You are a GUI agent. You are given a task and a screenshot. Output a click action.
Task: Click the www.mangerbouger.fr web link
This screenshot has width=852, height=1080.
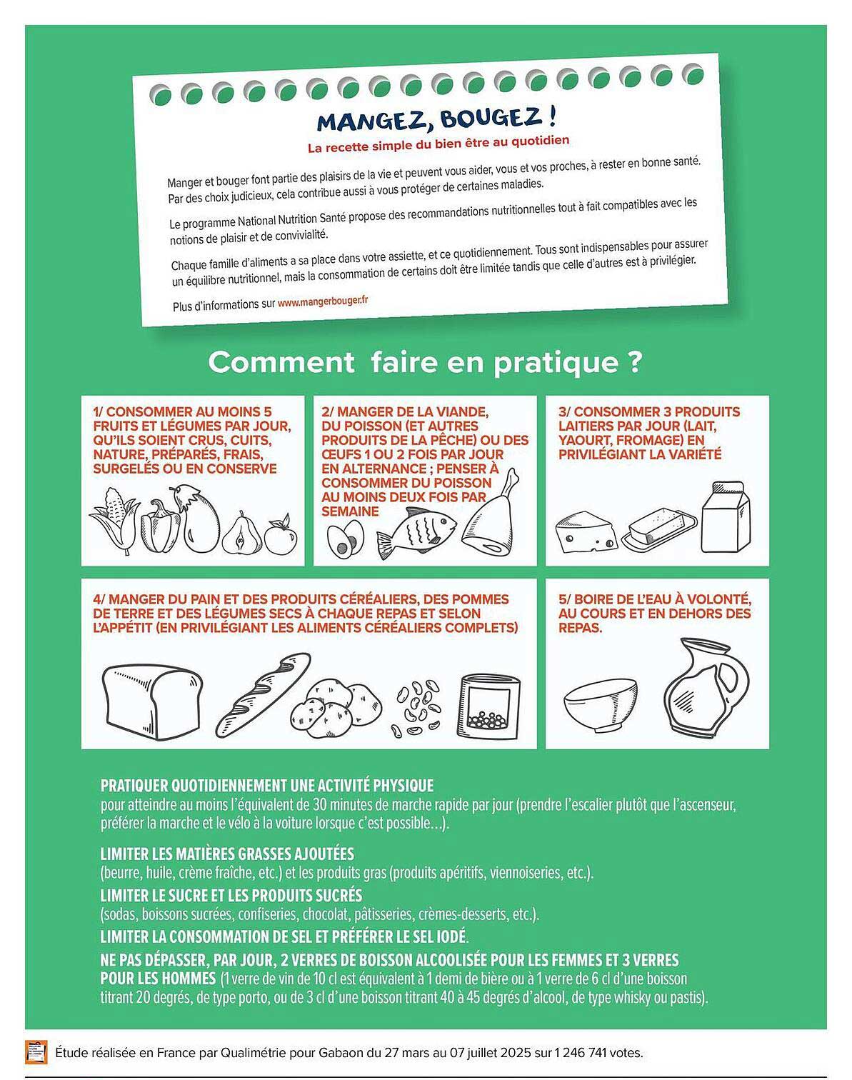click(323, 301)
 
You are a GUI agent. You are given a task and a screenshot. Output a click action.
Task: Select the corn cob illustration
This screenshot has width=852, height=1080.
click(114, 520)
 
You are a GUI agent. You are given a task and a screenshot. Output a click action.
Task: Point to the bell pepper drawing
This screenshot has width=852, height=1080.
click(159, 526)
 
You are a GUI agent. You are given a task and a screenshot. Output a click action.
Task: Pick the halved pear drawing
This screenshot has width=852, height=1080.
click(242, 534)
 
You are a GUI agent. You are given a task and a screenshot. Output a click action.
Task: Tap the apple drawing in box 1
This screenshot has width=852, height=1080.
click(281, 535)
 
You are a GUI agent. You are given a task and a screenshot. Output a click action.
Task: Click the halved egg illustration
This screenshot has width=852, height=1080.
click(345, 539)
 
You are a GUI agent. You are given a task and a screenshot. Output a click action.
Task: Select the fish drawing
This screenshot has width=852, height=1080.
click(416, 533)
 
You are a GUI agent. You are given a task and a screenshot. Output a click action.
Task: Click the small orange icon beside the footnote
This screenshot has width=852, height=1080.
click(36, 1052)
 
